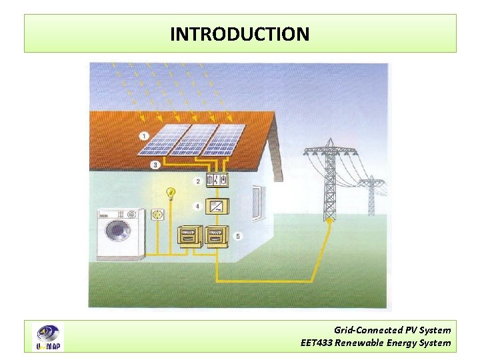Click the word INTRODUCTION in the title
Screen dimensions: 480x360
click(239, 34)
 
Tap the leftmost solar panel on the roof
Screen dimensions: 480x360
click(163, 140)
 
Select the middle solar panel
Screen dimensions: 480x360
click(194, 140)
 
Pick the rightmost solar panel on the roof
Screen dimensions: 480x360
click(223, 140)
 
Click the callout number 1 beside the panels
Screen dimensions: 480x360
click(144, 136)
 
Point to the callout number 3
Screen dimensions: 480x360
click(155, 164)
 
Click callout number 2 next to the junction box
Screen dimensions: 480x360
click(197, 181)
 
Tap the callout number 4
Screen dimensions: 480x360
click(197, 206)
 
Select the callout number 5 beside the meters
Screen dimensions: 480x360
click(238, 235)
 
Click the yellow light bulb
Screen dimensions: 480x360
click(171, 194)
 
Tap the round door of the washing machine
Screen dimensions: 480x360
click(119, 231)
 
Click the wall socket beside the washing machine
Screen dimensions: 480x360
click(158, 215)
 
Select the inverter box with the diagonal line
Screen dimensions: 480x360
click(217, 207)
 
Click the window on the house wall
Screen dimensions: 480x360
click(257, 204)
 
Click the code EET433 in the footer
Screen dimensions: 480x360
click(316, 343)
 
